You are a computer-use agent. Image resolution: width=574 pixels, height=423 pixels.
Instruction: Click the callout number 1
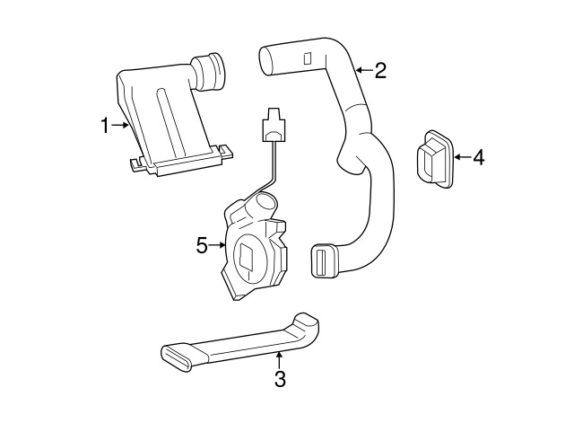click(105, 126)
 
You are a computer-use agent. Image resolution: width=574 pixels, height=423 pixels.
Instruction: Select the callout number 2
click(380, 70)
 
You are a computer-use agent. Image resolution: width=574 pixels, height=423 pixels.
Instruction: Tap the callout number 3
click(280, 379)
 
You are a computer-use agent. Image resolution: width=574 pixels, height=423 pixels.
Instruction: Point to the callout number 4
click(478, 157)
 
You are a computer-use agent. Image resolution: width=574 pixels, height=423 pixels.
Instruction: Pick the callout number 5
click(202, 245)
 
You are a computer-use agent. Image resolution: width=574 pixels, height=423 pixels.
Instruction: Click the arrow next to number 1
click(120, 126)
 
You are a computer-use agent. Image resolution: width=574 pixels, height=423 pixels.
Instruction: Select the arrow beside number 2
click(365, 70)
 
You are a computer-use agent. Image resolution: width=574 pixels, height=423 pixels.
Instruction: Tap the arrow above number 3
click(279, 359)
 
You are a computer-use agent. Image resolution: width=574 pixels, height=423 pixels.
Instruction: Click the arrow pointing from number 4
click(463, 157)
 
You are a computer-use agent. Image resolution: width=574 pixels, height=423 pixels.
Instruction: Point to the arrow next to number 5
click(217, 245)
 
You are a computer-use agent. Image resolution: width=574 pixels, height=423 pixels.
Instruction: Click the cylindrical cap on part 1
click(208, 72)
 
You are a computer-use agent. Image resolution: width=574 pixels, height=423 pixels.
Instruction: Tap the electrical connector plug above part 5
click(273, 125)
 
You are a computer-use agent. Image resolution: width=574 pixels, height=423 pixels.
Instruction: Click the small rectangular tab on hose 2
click(308, 58)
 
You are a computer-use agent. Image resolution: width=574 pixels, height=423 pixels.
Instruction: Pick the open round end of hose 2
click(266, 61)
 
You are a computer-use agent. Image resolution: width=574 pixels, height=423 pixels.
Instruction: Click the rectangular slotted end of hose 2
click(323, 260)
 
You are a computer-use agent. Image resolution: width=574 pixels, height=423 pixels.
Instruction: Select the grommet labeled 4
click(435, 159)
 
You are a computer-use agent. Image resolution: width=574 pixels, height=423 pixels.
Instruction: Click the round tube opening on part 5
click(265, 201)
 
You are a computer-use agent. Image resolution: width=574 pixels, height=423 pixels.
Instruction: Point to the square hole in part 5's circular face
click(246, 255)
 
